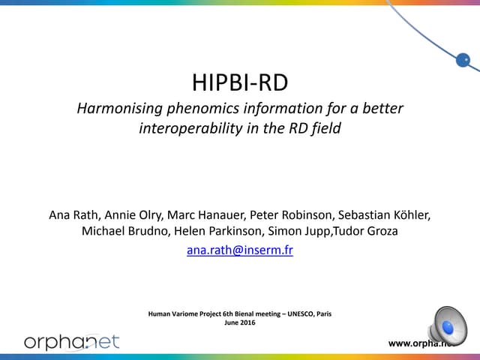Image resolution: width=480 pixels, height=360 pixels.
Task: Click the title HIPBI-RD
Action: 240,82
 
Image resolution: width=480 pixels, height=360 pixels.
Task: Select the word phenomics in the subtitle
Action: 199,109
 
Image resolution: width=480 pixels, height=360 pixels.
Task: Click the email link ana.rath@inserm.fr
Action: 239,251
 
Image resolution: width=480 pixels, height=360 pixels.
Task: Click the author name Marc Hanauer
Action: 205,215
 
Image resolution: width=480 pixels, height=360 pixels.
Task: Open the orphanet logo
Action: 72,342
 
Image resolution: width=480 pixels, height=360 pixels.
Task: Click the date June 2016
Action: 240,323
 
